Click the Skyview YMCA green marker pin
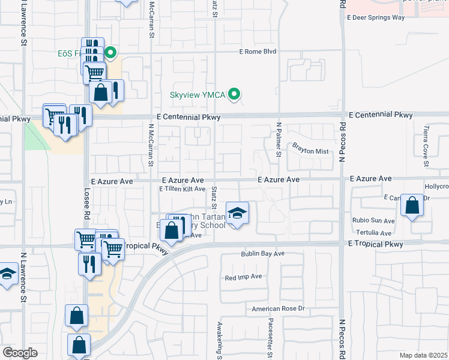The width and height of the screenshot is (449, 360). [235, 94]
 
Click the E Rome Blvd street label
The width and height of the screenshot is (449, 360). [258, 52]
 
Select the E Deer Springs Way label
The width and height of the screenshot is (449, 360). [376, 17]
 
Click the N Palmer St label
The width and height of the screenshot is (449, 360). [279, 140]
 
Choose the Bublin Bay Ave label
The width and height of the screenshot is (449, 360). [262, 254]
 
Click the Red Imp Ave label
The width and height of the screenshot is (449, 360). [243, 277]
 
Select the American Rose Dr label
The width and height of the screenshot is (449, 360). [279, 309]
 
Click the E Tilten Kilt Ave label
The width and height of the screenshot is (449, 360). [182, 189]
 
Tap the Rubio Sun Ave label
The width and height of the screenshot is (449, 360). [374, 220]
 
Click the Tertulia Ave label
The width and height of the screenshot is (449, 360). [374, 233]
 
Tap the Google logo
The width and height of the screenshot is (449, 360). [20, 353]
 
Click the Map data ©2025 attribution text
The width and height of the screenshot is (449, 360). [424, 355]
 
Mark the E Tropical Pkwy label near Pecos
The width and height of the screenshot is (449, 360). [375, 244]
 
